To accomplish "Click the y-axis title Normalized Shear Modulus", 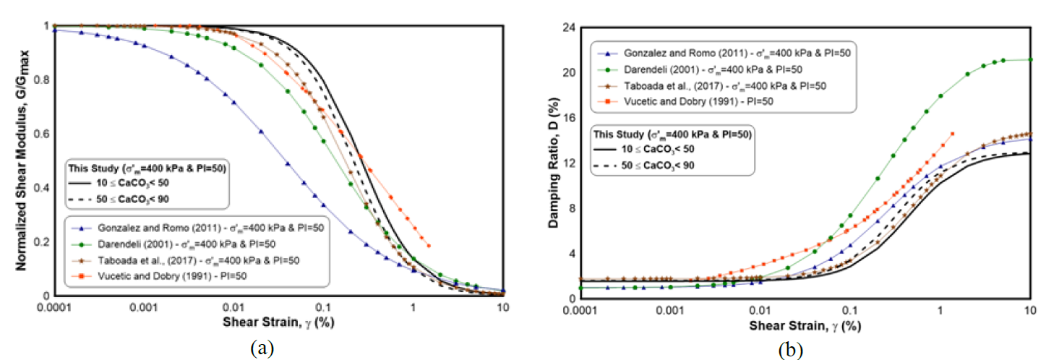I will [22, 160].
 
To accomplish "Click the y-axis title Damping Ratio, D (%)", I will [554, 160].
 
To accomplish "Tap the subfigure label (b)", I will [789, 350].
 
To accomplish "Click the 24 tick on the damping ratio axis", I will [569, 27].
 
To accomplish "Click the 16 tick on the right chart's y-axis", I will [569, 118].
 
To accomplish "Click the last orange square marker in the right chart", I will [952, 134].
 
